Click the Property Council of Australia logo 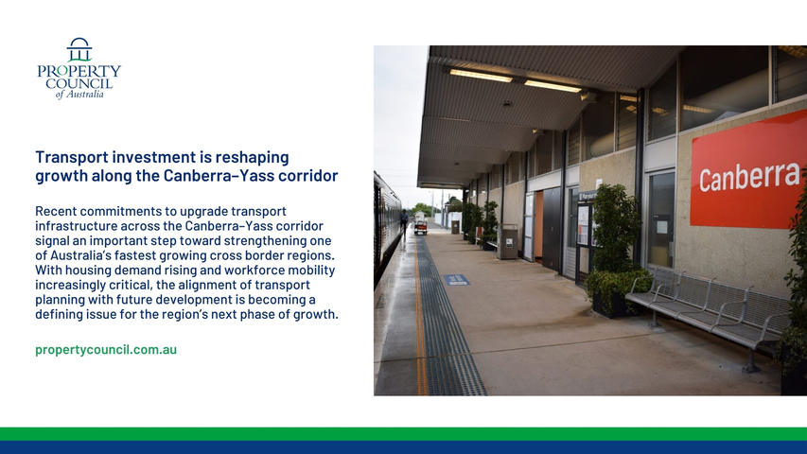pos(79,68)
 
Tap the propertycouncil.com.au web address pos(106,350)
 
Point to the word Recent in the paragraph pos(56,211)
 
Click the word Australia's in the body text pos(80,255)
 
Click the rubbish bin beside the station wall pos(507,241)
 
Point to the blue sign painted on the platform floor pos(456,280)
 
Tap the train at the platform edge pos(386,226)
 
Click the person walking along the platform pos(405,221)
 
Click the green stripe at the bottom pos(403,434)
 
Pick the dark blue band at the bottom pos(403,447)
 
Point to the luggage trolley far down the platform pos(420,228)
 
